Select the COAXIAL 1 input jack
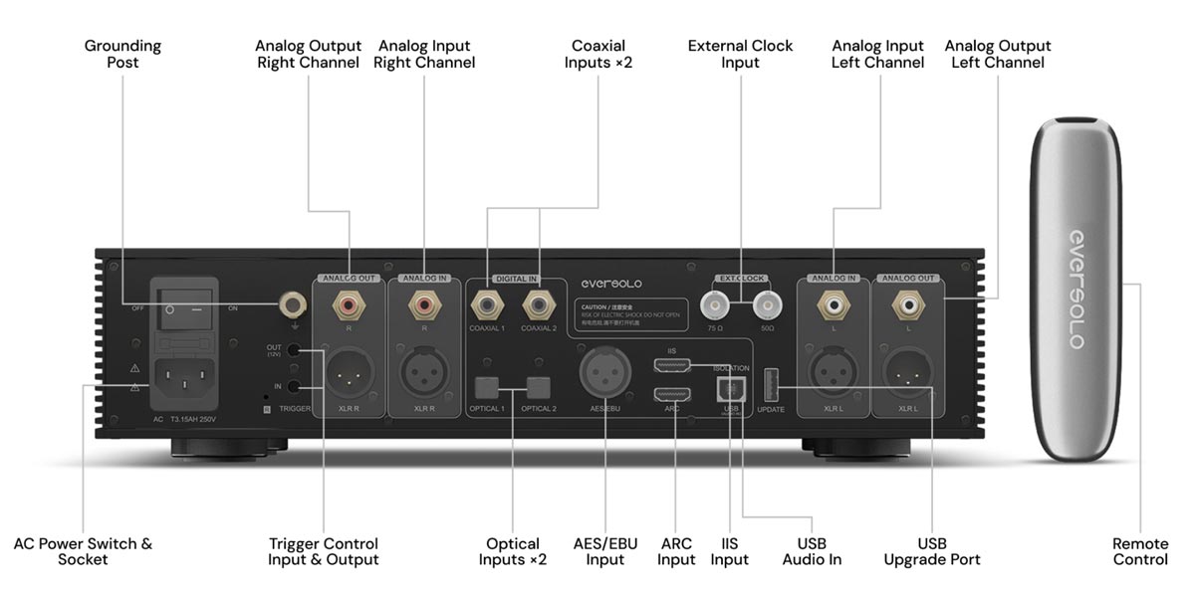487,299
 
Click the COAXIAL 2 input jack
539,299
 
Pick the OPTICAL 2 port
539,386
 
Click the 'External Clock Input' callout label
741,54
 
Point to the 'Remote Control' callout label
1140,551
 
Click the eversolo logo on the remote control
1076,289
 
